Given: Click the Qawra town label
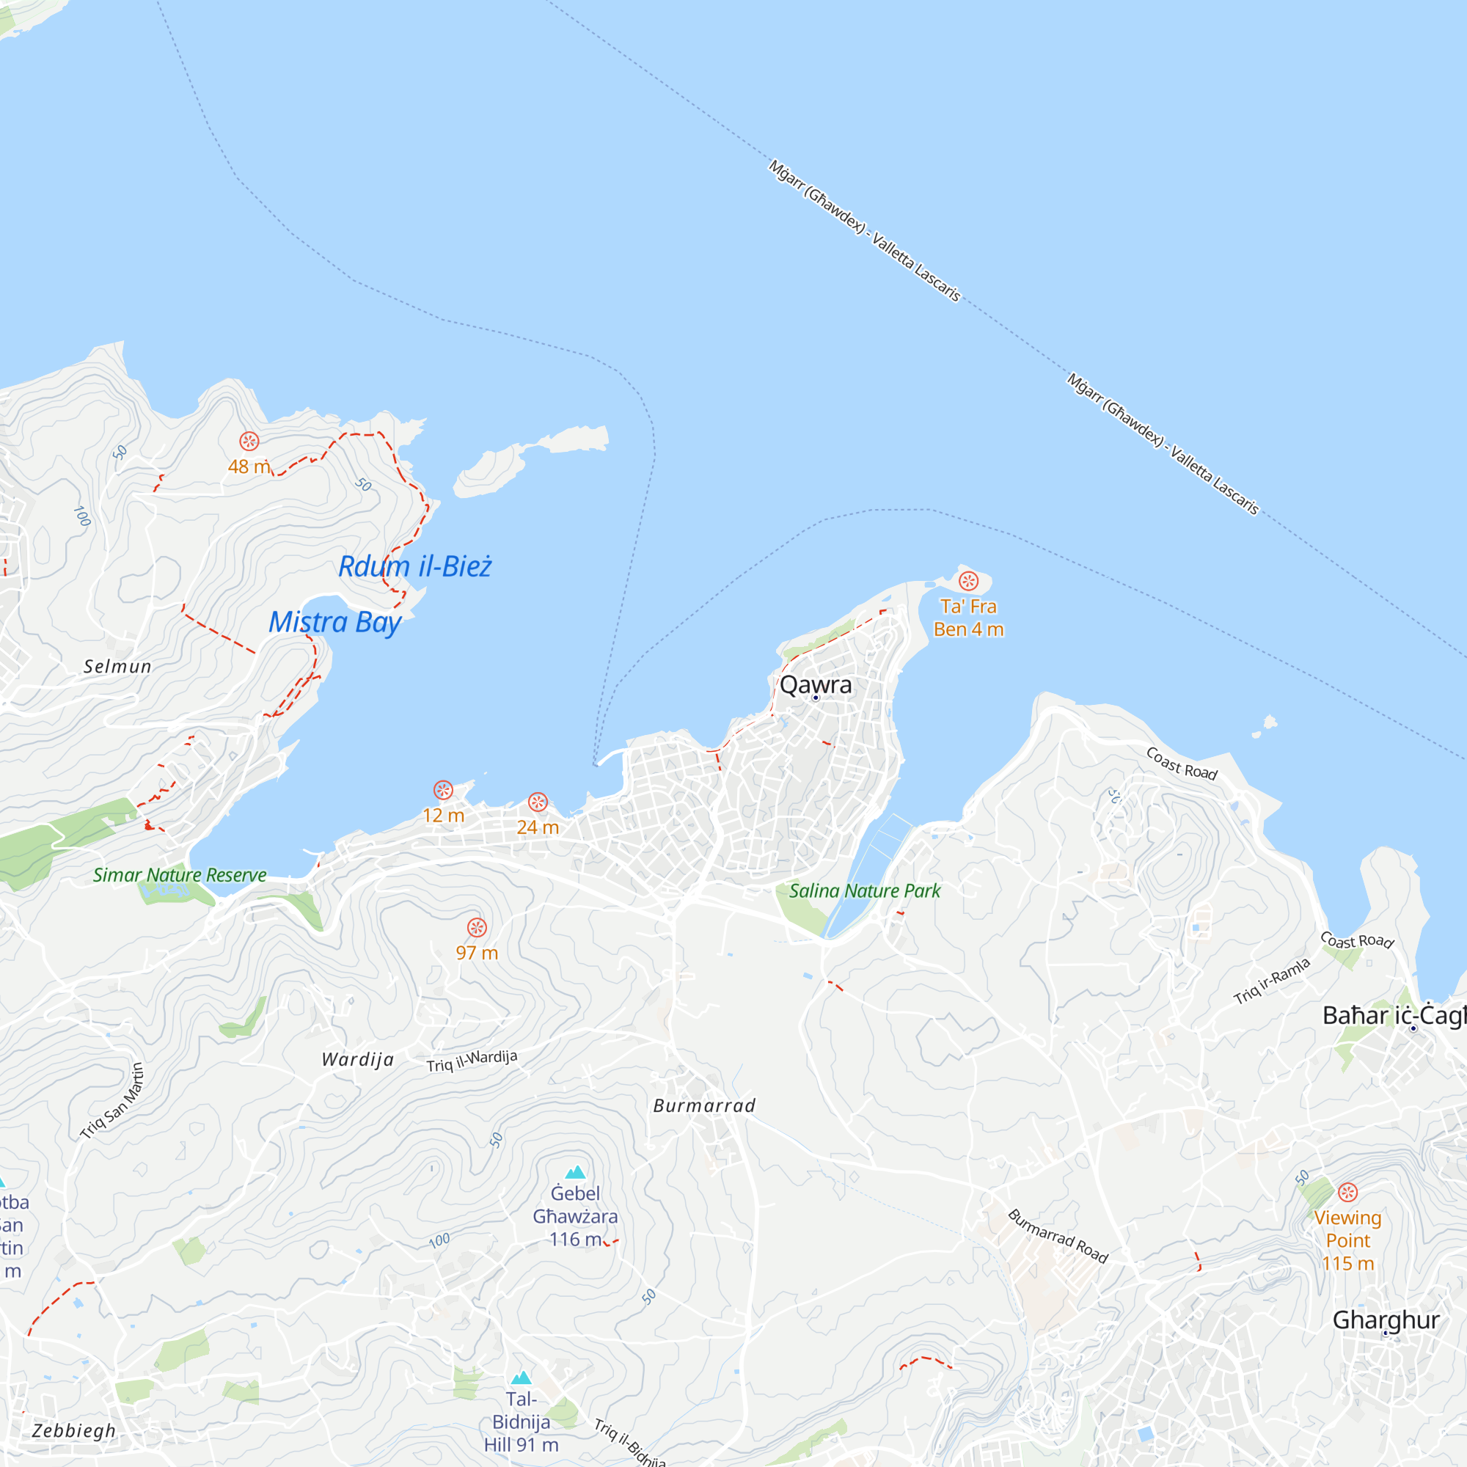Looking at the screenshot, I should click(x=816, y=685).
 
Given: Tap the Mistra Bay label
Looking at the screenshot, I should click(x=335, y=622).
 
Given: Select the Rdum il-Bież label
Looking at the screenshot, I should click(x=414, y=566).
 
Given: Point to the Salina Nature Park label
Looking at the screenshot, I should click(x=864, y=890).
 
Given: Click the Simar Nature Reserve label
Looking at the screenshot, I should click(x=179, y=875).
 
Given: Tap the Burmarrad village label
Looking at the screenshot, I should click(x=705, y=1105).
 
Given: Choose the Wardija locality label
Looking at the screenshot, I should click(x=358, y=1059).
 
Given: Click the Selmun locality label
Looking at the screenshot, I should click(x=117, y=667).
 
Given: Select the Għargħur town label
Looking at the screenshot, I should click(x=1386, y=1320).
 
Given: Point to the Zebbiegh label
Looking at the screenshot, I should click(x=73, y=1430).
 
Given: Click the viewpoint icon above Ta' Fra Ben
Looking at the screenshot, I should click(x=968, y=582).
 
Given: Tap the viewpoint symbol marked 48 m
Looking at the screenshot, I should click(x=249, y=441).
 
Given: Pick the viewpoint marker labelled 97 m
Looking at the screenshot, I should click(x=477, y=927).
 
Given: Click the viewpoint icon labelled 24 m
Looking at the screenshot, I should click(x=538, y=802).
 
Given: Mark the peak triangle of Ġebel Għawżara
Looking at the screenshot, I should click(x=576, y=1172).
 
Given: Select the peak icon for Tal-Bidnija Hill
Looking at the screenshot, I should click(x=521, y=1378).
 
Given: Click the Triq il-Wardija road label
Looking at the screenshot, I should click(x=472, y=1060).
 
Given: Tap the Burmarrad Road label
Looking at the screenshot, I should click(x=1058, y=1236).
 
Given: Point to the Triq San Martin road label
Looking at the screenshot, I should click(x=112, y=1101).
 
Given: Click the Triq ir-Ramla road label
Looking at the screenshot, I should click(x=1272, y=981).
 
